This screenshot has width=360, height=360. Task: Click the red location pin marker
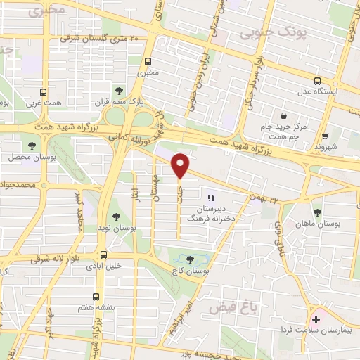pos(181,165)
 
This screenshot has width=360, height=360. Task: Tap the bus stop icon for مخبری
pos(148,60)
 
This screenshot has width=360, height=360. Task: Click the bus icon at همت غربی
pos(44,92)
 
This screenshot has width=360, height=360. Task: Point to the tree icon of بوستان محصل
pos(32,146)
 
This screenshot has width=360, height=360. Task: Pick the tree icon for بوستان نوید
pos(116,217)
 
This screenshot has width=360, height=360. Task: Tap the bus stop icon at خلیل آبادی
pos(103,255)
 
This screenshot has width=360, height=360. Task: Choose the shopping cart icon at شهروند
pos(324,137)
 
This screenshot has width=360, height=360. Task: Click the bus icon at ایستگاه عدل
pos(317,80)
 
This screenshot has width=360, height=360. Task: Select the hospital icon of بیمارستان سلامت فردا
pos(316,320)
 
